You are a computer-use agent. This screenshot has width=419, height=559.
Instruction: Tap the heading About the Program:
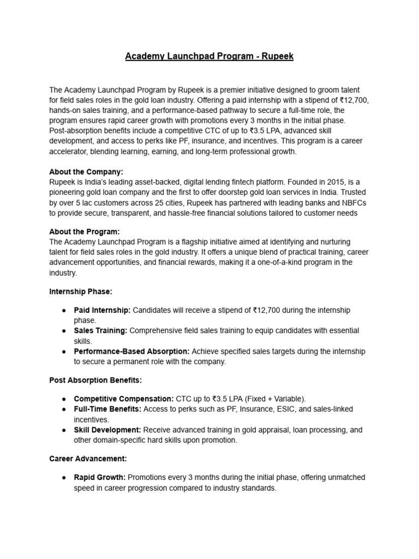click(x=84, y=231)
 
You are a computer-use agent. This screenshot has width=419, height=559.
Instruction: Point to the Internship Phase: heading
click(x=81, y=292)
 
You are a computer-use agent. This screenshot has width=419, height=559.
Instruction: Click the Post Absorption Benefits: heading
click(x=95, y=379)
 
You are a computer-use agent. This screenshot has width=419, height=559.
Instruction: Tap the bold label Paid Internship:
click(x=102, y=310)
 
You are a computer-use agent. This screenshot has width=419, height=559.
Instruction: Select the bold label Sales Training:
click(x=101, y=331)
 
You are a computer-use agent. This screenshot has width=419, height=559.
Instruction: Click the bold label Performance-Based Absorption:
click(x=131, y=351)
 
